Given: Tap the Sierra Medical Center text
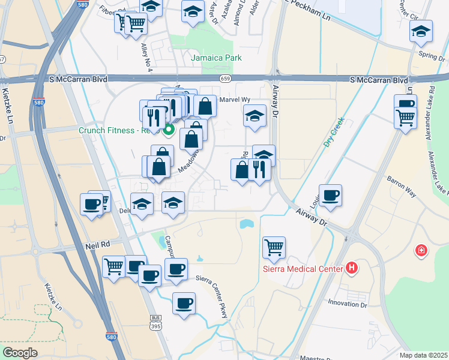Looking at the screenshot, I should (x=302, y=268).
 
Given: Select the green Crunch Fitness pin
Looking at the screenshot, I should (x=169, y=128).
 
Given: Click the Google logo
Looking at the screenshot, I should (x=20, y=352).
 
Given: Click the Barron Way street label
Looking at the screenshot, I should (x=402, y=186).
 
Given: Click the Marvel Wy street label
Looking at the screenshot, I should (x=234, y=100).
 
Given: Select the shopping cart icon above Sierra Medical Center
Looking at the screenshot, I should (x=274, y=247).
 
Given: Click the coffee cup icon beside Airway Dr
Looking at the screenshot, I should (x=330, y=195).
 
